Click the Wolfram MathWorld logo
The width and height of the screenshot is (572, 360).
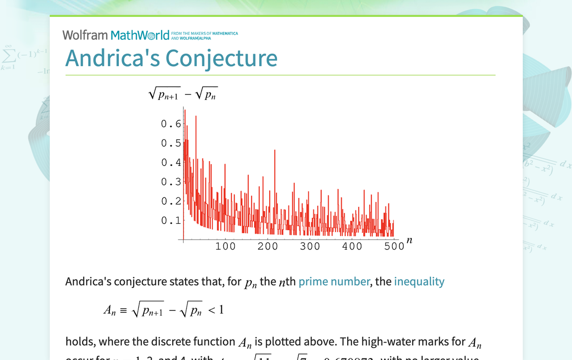pos(116,35)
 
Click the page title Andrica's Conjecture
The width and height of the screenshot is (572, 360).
pos(171,58)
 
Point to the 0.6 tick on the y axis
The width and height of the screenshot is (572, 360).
pos(171,124)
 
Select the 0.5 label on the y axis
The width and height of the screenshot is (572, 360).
pos(171,143)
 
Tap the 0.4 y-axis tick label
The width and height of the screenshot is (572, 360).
pos(171,163)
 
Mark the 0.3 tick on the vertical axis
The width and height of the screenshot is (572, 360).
pos(171,182)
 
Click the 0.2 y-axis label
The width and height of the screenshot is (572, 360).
pos(171,201)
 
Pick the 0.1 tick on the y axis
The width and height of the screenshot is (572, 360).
pos(171,221)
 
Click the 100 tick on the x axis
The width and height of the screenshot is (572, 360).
pos(225,246)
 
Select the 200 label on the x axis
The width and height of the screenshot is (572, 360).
pos(268,246)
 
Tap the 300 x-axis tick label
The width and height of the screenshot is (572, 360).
pos(310,246)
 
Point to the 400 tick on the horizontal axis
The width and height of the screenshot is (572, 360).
pos(352,246)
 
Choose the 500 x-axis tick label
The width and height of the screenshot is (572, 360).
pos(394,246)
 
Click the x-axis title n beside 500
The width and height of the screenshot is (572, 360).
pos(409,240)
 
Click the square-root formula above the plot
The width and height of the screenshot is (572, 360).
pos(183,94)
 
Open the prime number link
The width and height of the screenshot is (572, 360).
pos(334,281)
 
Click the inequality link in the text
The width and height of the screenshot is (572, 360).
pos(419,281)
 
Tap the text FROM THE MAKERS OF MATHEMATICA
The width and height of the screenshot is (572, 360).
pos(204,34)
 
